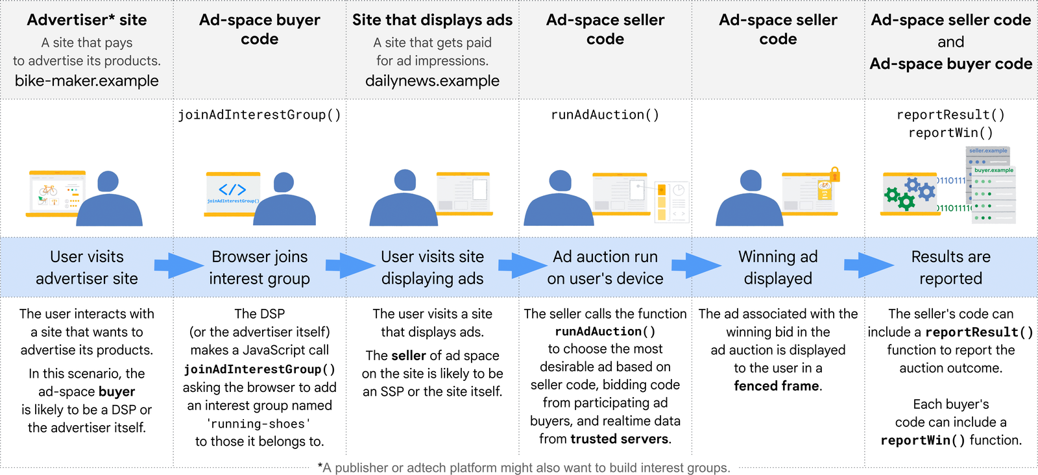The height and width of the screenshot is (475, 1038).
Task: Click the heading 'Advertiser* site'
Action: click(x=87, y=20)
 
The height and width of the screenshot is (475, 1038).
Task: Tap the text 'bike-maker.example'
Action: click(x=87, y=81)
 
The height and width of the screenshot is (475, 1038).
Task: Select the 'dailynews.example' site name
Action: click(x=432, y=81)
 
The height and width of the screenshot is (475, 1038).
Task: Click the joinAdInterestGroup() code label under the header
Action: click(x=259, y=115)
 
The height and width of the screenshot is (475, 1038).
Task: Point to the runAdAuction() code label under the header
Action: click(x=605, y=115)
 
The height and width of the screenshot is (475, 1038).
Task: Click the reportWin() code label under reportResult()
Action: click(x=950, y=133)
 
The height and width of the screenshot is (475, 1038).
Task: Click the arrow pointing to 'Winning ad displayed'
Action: click(x=696, y=265)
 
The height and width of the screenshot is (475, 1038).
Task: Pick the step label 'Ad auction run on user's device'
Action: click(x=605, y=267)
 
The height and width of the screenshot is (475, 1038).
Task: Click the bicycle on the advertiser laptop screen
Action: click(x=48, y=190)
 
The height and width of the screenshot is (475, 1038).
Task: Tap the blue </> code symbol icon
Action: click(x=232, y=189)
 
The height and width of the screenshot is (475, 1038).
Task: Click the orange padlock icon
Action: click(x=835, y=174)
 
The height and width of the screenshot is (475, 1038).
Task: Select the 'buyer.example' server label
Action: click(x=993, y=170)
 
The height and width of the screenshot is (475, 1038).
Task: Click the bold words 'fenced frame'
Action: click(x=776, y=386)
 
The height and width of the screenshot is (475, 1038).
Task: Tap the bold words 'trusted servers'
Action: click(x=620, y=439)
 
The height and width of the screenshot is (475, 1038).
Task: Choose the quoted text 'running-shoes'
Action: click(x=259, y=424)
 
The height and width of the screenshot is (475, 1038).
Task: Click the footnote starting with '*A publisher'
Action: click(x=524, y=468)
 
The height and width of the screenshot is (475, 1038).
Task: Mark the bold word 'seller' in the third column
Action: click(x=409, y=356)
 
